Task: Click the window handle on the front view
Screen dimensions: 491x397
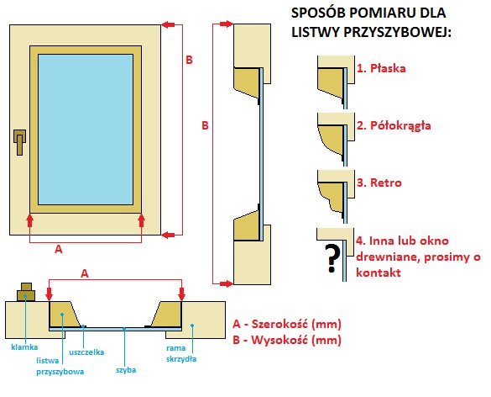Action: point(20,142)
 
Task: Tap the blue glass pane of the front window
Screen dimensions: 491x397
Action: point(86,130)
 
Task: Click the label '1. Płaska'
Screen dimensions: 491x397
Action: point(381,68)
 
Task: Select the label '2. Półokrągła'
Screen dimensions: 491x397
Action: point(394,125)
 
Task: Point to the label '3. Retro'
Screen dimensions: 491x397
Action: point(379,183)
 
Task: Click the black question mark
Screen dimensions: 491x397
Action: point(332,258)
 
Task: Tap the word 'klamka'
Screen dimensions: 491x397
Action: point(24,347)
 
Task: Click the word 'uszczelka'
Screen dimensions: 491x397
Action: point(86,352)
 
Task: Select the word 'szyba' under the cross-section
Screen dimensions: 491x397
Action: point(126,370)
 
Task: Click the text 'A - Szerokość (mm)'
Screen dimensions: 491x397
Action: point(287,324)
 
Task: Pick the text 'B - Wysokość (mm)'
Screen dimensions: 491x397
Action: point(287,340)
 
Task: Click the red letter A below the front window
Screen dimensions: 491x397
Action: point(59,249)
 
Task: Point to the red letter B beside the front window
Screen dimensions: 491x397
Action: point(189,60)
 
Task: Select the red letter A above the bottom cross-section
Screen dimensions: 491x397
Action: point(85,273)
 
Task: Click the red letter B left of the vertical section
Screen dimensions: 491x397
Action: point(205,125)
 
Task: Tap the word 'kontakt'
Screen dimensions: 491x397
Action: point(379,273)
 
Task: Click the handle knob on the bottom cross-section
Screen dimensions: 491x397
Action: point(26,292)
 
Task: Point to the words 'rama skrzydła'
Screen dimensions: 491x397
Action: point(181,353)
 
